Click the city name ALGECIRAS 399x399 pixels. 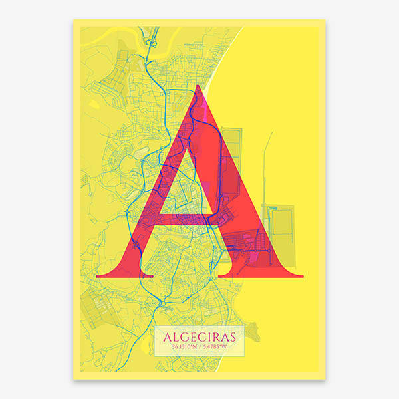[199, 338]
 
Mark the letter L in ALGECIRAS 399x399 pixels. [174, 338]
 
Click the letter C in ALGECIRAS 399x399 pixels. [199, 338]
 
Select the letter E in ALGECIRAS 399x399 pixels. [191, 338]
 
